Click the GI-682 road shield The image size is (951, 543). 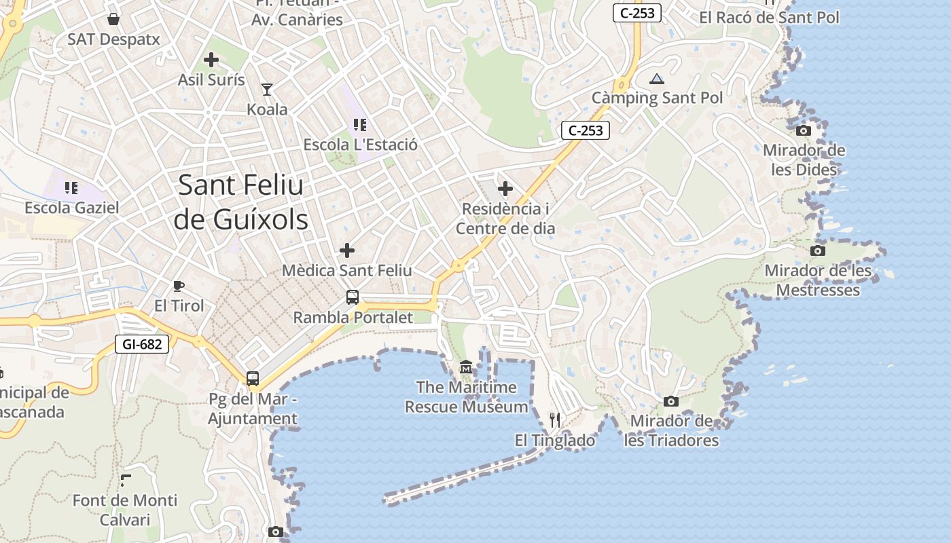pos(142,344)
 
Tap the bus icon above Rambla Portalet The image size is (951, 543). pos(353,297)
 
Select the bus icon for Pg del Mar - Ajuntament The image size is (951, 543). pos(253,379)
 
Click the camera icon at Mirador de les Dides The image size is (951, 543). pos(804,130)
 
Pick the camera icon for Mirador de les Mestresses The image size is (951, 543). pos(818,250)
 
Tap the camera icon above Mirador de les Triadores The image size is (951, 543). pos(671,401)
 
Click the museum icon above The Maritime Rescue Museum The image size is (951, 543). pos(466,367)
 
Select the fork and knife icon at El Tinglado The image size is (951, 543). pos(555,420)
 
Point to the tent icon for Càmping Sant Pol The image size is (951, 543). pos(656,79)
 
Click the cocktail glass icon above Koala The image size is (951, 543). pos(267,89)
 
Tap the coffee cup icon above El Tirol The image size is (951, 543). pos(179,286)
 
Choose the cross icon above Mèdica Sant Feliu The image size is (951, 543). pos(347,250)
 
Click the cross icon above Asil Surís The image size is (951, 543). pos(211,60)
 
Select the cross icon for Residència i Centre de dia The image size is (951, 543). pos(505,188)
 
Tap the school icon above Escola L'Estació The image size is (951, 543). pos(360,125)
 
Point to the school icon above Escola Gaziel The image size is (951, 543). pos(71,187)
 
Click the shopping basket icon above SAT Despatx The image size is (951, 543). pos(113,19)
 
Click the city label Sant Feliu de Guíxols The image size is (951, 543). pos(241,202)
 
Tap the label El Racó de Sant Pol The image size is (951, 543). pos(770,18)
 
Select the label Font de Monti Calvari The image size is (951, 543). pos(125,510)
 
